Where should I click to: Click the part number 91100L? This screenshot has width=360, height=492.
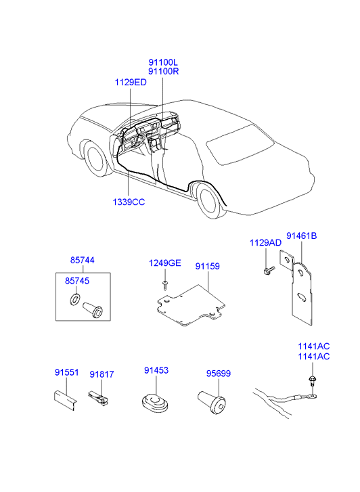click(163, 62)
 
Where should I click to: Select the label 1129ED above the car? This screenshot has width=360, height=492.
click(131, 83)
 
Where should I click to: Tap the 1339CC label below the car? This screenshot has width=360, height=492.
click(129, 202)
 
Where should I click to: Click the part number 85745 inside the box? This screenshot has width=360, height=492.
click(77, 281)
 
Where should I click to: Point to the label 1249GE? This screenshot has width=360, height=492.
click(165, 263)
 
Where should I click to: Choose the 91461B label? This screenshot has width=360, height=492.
click(301, 236)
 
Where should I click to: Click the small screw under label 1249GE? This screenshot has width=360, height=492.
click(165, 285)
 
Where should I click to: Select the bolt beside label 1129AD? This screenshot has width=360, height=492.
click(269, 270)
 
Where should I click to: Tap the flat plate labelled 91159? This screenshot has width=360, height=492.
click(191, 305)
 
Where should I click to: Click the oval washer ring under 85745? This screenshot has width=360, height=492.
click(75, 299)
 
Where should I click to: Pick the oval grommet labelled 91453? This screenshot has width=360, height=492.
click(155, 403)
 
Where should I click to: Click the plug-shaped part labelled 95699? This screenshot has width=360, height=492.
click(212, 402)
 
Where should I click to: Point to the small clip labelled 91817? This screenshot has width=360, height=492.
click(97, 398)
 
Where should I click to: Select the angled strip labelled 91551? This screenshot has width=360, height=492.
click(65, 400)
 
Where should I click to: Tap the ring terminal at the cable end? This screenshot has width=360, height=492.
click(311, 397)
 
